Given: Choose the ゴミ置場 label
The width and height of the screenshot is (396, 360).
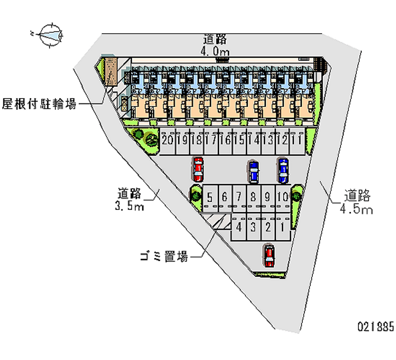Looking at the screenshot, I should (x=163, y=257).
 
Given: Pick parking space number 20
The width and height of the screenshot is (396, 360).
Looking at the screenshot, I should (x=167, y=140).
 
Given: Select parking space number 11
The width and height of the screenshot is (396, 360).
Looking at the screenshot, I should (x=297, y=140).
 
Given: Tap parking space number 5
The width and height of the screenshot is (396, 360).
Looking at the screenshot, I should (x=210, y=197).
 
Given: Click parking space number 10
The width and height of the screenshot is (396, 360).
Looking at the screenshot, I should (x=283, y=197).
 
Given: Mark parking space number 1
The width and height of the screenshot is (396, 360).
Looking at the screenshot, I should (x=282, y=227).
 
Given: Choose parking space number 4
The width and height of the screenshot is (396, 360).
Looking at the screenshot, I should (x=239, y=227).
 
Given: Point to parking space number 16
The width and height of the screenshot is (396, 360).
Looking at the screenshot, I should (x=225, y=140).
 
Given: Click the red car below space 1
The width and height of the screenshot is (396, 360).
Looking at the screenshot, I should (x=269, y=256).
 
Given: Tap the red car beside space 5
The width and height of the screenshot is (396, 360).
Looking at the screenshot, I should (x=198, y=169).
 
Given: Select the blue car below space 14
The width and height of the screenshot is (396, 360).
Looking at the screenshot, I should (x=253, y=171).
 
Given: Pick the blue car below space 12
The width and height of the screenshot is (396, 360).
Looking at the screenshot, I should (x=283, y=170).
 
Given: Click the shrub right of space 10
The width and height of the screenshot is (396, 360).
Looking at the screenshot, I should (x=297, y=196).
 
